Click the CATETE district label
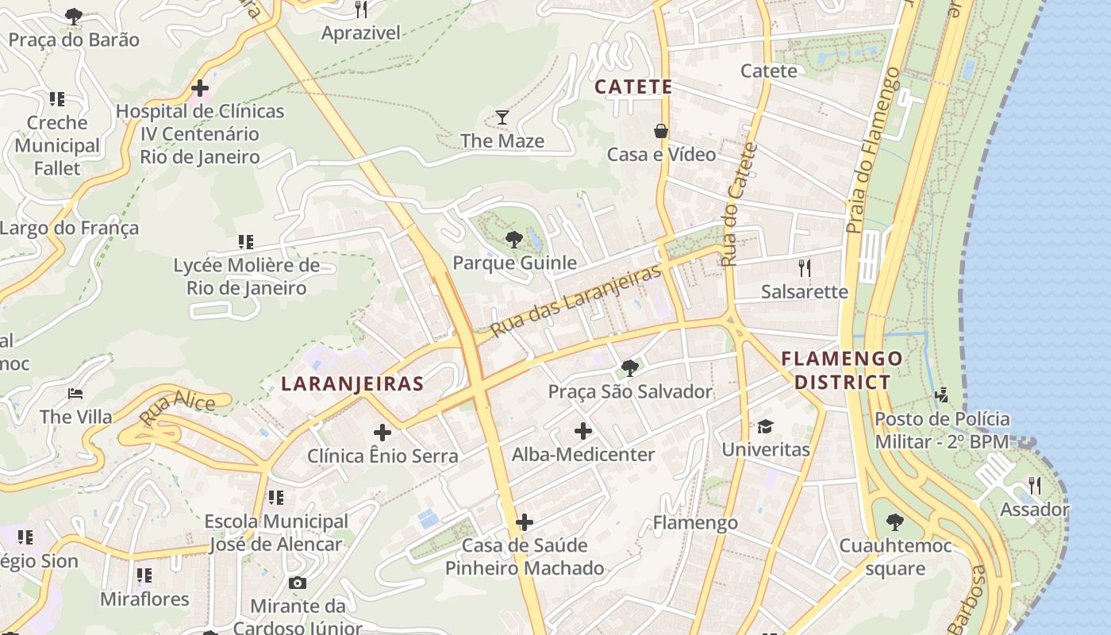click(x=633, y=87)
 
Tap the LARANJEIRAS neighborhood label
click(x=352, y=384)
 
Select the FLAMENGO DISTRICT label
click(x=842, y=370)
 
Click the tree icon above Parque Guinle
click(x=514, y=239)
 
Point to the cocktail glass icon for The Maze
click(x=502, y=118)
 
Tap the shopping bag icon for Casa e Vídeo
click(x=660, y=131)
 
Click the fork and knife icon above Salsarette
click(x=805, y=267)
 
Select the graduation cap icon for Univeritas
click(x=765, y=426)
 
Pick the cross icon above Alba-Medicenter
click(x=583, y=431)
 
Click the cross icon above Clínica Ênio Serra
click(x=383, y=433)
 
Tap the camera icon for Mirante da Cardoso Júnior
click(x=298, y=583)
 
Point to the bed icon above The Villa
click(x=75, y=394)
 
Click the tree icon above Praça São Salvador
click(x=630, y=368)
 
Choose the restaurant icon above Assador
click(x=1034, y=485)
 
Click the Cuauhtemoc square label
click(x=895, y=557)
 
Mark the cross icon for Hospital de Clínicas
click(x=200, y=87)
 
